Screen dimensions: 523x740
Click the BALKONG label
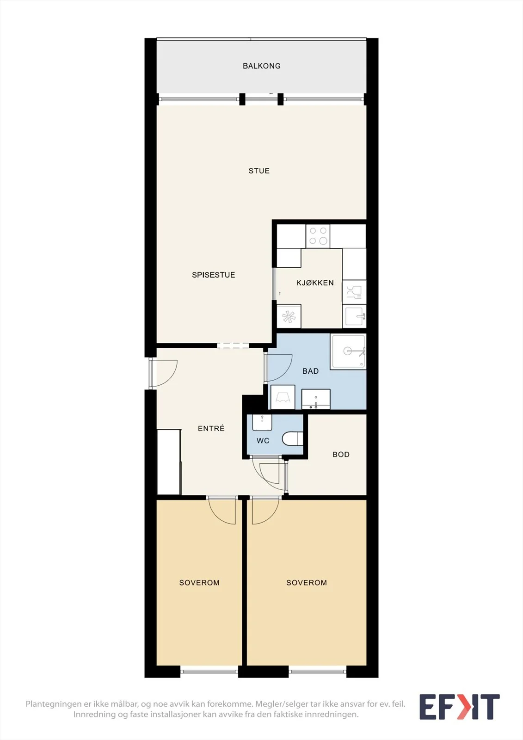(261, 66)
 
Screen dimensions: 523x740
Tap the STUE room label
(259, 171)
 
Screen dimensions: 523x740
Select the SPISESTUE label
(214, 275)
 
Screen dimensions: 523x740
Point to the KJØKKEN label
(315, 283)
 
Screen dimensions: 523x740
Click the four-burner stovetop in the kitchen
(318, 236)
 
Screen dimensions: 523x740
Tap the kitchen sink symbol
(354, 316)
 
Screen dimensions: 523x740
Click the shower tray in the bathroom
(348, 351)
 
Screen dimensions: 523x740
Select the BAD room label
(311, 371)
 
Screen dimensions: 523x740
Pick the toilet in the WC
(292, 439)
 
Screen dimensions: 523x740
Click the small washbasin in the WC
(262, 423)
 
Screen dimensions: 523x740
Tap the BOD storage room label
(341, 455)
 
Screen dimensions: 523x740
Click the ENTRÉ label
(211, 428)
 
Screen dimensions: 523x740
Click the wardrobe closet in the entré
(169, 462)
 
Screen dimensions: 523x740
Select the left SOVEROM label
(199, 583)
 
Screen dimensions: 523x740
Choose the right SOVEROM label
(307, 583)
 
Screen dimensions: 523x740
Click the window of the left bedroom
(209, 672)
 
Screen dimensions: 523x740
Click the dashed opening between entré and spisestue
(233, 345)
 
